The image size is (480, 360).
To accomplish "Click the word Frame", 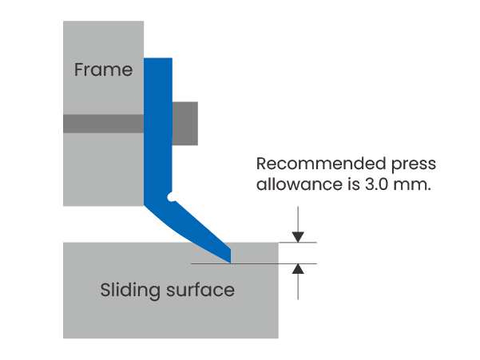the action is (104, 69).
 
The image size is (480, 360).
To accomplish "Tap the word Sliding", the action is (130, 290).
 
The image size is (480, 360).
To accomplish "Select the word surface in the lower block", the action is (200, 290).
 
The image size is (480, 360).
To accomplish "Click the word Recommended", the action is (321, 164).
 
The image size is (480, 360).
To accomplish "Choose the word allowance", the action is (300, 184).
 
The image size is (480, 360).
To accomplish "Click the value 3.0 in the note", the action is (376, 184).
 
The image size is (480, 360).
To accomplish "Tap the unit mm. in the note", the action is (412, 185).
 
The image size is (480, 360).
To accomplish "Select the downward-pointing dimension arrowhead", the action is (298, 237).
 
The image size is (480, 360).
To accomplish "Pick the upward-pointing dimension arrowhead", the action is (298, 269).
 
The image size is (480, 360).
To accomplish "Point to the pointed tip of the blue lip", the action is (230, 263).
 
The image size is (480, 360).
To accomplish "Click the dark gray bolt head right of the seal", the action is (185, 123).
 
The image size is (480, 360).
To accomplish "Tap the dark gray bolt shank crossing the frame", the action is (104, 124).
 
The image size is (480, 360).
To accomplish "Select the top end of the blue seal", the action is (158, 58).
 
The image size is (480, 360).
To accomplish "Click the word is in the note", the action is (354, 184).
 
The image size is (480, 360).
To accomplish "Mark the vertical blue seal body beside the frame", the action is (158, 129).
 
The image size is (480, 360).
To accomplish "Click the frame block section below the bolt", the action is (104, 169).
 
